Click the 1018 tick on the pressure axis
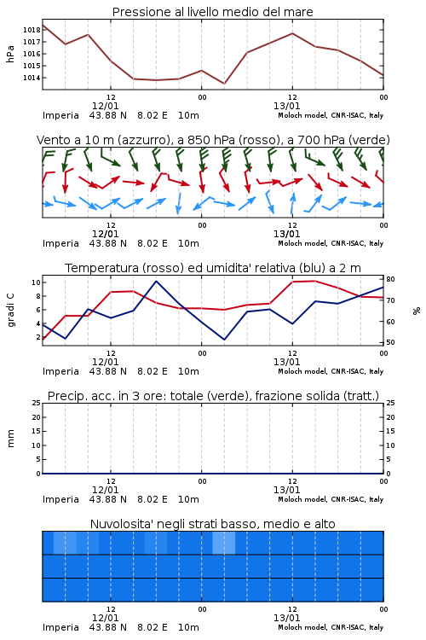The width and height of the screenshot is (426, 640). point(32,30)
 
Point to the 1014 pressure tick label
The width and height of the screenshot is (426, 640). point(32,78)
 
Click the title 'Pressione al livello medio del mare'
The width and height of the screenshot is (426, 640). point(213,12)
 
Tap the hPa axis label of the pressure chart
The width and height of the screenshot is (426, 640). point(10,54)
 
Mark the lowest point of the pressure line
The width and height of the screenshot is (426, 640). point(224,84)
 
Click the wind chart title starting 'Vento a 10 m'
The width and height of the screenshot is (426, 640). point(213,140)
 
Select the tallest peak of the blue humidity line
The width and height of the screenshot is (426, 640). point(156,281)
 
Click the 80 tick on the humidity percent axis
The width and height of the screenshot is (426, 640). point(390,279)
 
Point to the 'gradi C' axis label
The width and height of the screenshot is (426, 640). point(11,310)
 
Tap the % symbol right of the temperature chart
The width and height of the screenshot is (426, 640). point(417,311)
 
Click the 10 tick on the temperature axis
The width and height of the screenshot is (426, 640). point(36,282)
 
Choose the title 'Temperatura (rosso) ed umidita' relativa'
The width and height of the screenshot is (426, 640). point(213,268)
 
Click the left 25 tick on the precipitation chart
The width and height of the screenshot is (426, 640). point(36,403)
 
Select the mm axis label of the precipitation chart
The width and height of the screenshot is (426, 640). point(10,439)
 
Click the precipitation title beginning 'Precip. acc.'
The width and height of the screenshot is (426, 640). point(213,396)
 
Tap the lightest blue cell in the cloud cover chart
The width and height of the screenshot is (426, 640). point(224,543)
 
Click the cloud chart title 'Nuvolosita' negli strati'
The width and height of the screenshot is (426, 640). point(213,524)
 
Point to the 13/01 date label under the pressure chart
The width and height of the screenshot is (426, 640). point(286,106)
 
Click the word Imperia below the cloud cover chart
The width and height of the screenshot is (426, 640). point(60,627)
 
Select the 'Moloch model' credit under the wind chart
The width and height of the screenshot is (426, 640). point(302,243)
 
